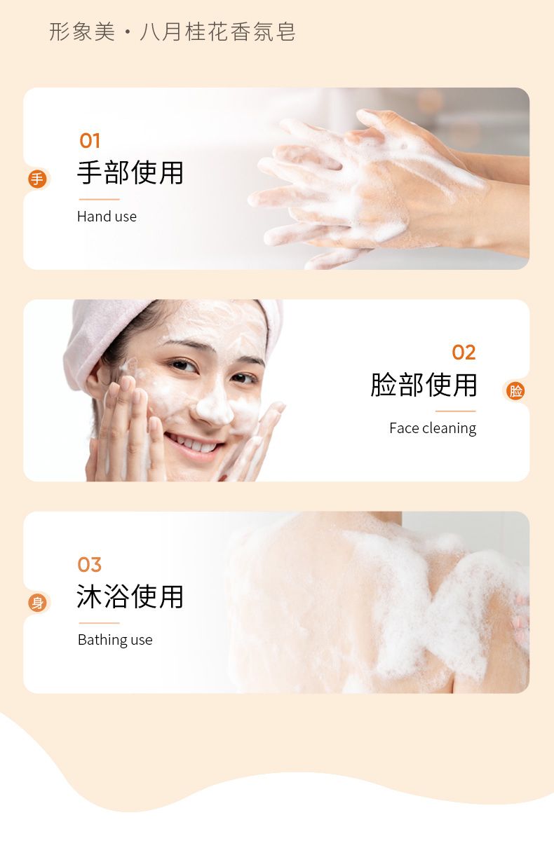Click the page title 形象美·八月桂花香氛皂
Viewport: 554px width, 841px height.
pyautogui.click(x=173, y=32)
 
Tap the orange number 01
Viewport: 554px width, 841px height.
pyautogui.click(x=90, y=141)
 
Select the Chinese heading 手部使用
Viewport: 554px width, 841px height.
pyautogui.click(x=130, y=172)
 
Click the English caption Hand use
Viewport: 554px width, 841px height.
pyautogui.click(x=107, y=217)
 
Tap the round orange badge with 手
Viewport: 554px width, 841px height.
pyautogui.click(x=37, y=179)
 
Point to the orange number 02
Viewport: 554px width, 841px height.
pyautogui.click(x=464, y=353)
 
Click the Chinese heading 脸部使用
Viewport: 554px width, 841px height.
pyautogui.click(x=424, y=385)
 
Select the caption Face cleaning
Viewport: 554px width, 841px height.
pyautogui.click(x=433, y=428)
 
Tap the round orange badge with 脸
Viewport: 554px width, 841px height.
pyautogui.click(x=515, y=391)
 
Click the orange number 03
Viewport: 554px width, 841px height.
pyautogui.click(x=89, y=565)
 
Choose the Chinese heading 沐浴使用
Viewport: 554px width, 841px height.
pyautogui.click(x=130, y=596)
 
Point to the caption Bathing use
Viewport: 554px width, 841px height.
pyautogui.click(x=115, y=640)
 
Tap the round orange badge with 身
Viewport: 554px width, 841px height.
pyautogui.click(x=37, y=603)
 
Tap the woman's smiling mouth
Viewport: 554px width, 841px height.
pyautogui.click(x=194, y=444)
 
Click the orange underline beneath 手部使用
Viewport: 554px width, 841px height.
pyautogui.click(x=99, y=199)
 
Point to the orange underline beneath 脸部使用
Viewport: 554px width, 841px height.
pyautogui.click(x=456, y=411)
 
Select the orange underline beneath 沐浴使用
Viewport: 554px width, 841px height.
pyautogui.click(x=99, y=623)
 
